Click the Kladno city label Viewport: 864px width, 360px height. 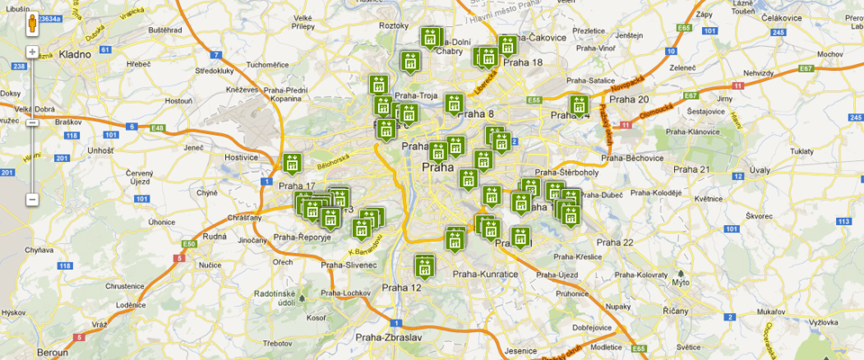76,54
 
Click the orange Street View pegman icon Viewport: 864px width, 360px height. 32,24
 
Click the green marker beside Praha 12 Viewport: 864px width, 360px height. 425,266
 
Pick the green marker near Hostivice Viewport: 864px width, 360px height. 292,165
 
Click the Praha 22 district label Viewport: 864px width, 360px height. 615,242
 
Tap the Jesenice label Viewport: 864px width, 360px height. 521,350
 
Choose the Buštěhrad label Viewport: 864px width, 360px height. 166,30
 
